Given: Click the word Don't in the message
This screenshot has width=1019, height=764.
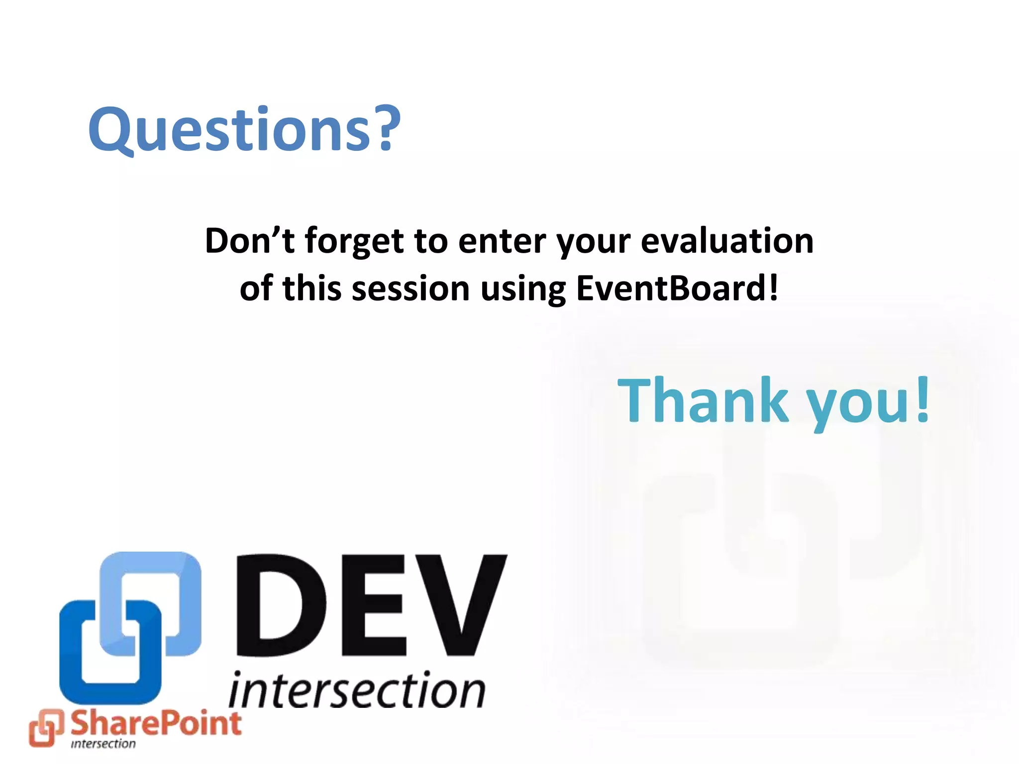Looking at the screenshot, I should (x=249, y=241).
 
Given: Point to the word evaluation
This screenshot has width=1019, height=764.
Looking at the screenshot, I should (x=727, y=241).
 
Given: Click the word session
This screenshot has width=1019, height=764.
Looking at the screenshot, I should (x=410, y=289).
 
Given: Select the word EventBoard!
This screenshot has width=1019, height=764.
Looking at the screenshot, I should (x=677, y=289).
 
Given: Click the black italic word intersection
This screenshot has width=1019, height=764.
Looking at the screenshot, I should (x=357, y=691).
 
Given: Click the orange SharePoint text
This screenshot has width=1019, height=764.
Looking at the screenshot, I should (x=156, y=724).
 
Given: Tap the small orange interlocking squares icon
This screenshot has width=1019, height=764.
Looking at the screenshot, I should (x=46, y=728).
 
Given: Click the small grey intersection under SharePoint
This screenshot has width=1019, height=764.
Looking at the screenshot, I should (x=103, y=744).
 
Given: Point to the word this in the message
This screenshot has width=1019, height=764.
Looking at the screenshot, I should (x=311, y=289).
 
